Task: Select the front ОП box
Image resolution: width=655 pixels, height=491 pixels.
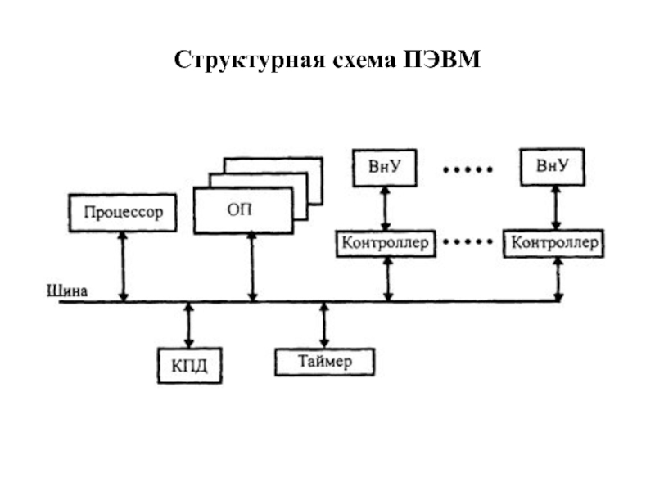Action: click(242, 211)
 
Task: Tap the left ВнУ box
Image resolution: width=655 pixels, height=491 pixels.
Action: click(383, 167)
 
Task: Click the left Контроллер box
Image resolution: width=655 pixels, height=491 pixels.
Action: click(385, 243)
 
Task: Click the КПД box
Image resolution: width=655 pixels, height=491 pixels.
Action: click(189, 364)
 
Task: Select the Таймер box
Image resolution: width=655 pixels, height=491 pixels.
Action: click(324, 362)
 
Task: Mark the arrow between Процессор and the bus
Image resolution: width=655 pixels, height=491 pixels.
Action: click(123, 265)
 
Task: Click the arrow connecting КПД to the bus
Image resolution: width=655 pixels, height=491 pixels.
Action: click(189, 325)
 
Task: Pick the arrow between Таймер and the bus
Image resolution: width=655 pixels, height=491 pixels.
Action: click(324, 325)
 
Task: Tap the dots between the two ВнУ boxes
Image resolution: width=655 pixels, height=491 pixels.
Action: click(468, 170)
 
